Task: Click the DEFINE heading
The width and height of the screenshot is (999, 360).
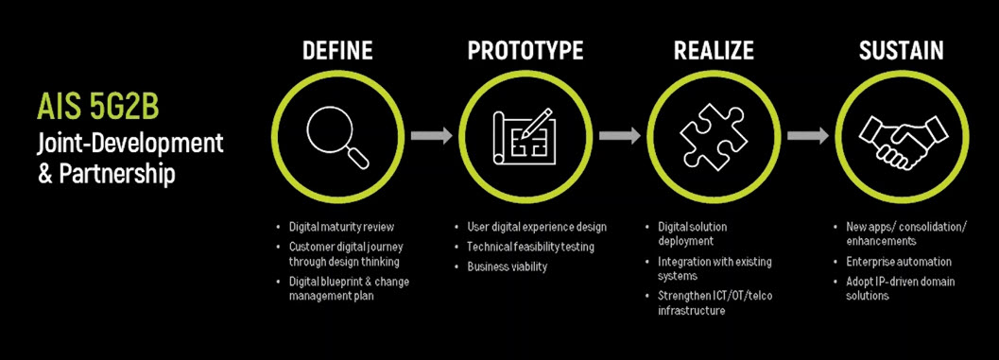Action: [337, 50]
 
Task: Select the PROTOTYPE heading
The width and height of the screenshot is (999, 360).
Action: [525, 50]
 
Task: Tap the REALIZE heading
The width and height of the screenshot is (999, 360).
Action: [712, 50]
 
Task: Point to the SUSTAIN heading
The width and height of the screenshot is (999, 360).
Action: [901, 50]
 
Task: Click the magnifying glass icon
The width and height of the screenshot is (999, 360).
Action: [338, 135]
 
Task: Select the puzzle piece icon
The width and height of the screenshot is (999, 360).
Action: [713, 135]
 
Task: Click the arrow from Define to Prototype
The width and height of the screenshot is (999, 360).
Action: [431, 135]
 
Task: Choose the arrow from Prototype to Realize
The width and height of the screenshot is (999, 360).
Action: [619, 135]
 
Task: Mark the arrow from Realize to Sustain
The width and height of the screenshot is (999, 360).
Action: [806, 135]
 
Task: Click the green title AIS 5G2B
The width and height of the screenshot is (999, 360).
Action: [97, 107]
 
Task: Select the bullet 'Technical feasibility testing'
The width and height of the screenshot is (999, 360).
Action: [530, 247]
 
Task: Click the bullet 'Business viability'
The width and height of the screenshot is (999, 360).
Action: [507, 266]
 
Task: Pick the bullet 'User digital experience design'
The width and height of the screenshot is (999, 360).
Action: [537, 227]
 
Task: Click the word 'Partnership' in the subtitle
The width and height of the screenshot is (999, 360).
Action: [121, 175]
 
